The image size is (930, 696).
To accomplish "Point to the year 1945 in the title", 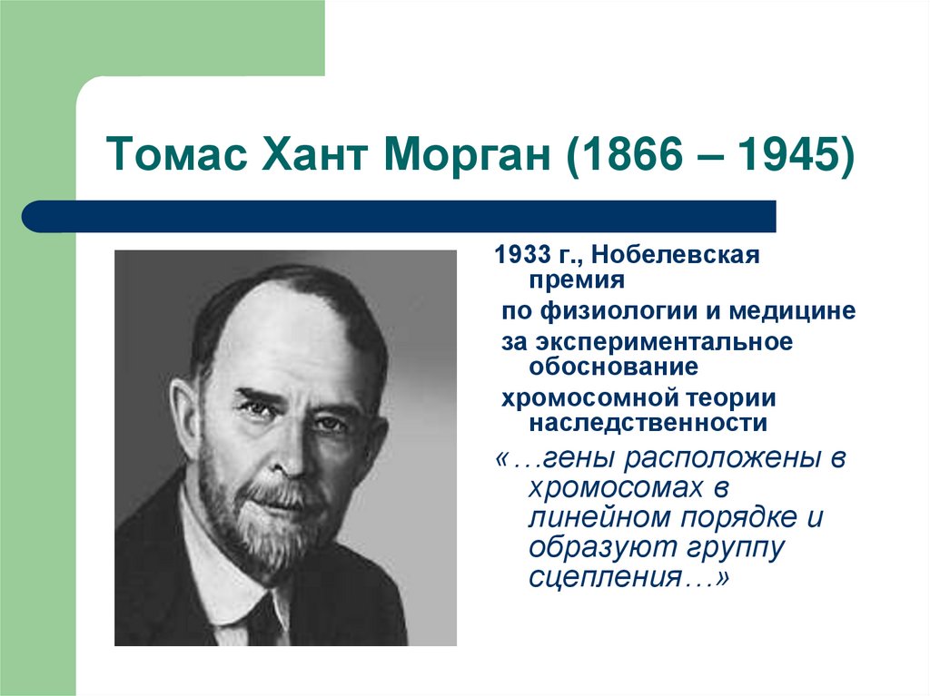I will point(786,157).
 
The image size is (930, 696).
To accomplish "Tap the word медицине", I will point(796,311).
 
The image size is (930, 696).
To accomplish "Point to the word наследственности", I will point(648,423).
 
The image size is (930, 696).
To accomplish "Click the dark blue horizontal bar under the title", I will point(400,217).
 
